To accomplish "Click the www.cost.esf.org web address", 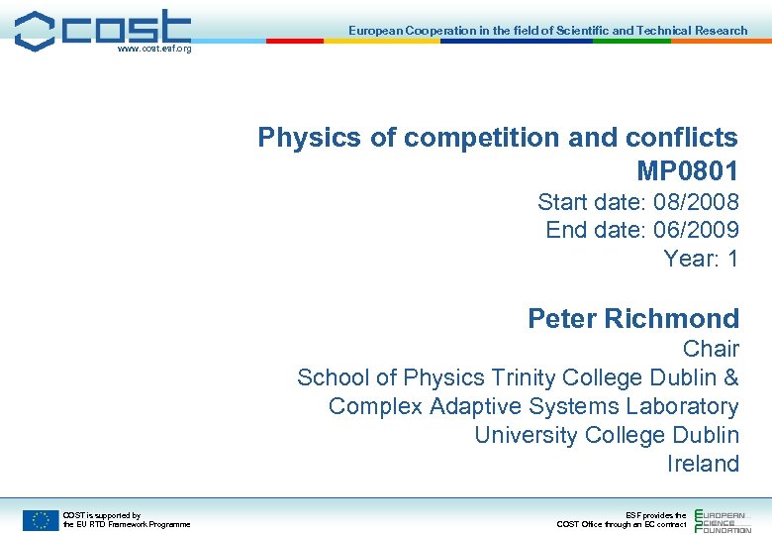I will [x=153, y=48].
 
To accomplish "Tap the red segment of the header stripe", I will [x=295, y=42].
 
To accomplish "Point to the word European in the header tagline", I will [x=376, y=31].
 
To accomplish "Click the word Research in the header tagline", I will [x=722, y=31].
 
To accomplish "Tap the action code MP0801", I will [x=688, y=170].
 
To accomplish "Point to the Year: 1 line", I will [x=701, y=260].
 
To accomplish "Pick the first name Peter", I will [x=561, y=319].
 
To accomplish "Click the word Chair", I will [x=711, y=349].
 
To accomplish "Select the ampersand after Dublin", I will [x=731, y=377].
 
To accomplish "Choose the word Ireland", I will [x=703, y=464].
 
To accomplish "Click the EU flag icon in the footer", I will [x=41, y=519].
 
